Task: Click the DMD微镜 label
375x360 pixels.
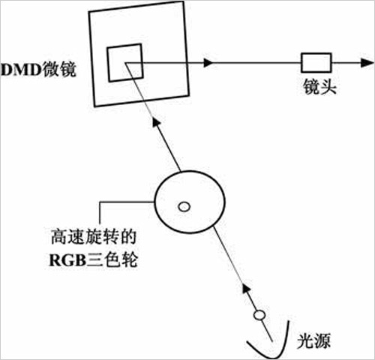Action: [x=38, y=69]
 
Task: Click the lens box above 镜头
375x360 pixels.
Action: [x=316, y=62]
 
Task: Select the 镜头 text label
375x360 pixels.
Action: [x=319, y=87]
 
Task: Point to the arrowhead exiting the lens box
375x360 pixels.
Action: [x=367, y=62]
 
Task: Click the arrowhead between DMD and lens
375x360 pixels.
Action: [x=208, y=62]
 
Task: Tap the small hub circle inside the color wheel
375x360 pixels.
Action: [x=184, y=207]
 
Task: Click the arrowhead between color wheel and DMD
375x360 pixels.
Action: [x=157, y=123]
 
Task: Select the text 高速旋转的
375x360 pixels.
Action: [x=94, y=236]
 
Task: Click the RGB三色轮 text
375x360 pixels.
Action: [x=93, y=260]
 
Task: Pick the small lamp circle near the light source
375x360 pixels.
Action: [x=259, y=315]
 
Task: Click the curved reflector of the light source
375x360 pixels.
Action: [x=276, y=355]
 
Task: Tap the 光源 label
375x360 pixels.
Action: [x=313, y=340]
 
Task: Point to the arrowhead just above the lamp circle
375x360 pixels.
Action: [x=247, y=289]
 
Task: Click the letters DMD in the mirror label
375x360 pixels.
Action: [x=21, y=70]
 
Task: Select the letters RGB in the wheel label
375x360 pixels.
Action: [x=67, y=260]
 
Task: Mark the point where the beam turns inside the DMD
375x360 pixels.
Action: [x=125, y=63]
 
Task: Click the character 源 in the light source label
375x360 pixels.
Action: [x=322, y=340]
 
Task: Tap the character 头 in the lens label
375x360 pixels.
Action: [x=328, y=87]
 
